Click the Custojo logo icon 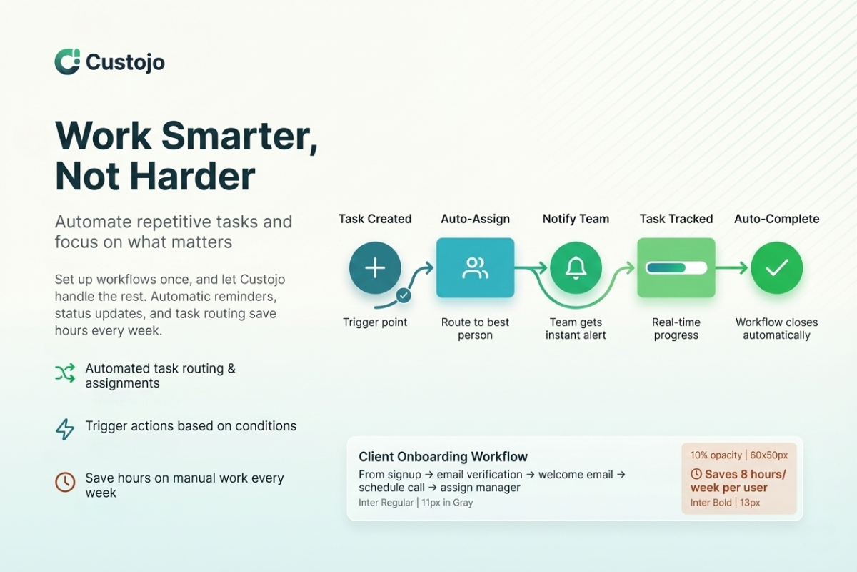point(67,61)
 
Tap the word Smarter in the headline point(239,137)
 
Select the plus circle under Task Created point(375,268)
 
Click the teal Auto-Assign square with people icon point(475,268)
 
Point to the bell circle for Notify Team point(576,268)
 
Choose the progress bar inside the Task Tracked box point(676,268)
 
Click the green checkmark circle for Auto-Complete point(777,268)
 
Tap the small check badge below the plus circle point(404,296)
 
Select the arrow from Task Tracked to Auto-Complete point(731,268)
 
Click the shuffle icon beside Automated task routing point(65,373)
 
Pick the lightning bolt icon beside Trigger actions point(65,429)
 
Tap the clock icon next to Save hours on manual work point(65,482)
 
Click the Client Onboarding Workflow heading point(443,457)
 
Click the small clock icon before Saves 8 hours point(696,474)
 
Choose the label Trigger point point(375,322)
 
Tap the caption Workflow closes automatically point(777,329)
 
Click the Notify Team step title point(576,219)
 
